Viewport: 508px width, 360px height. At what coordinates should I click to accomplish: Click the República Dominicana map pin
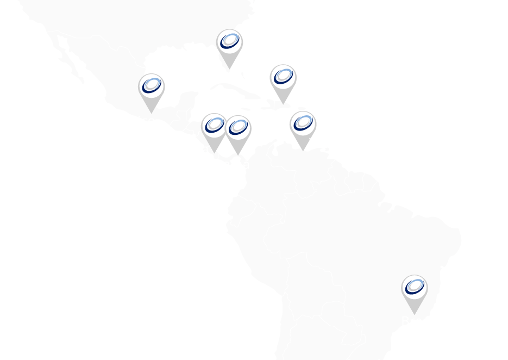[x=283, y=77]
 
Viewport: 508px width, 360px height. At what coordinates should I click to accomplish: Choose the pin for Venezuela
[x=302, y=125]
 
